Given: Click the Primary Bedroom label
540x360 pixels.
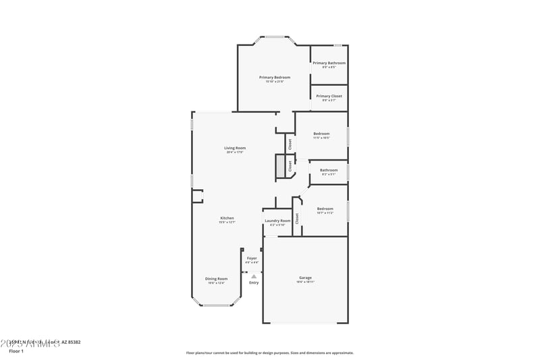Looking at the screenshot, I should coord(275,78).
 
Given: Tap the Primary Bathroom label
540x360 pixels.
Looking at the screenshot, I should coord(329,63).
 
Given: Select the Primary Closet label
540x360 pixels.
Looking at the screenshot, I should coord(329,96).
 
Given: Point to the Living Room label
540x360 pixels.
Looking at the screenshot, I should coord(235,148).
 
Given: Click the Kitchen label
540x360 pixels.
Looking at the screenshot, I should coord(227,218).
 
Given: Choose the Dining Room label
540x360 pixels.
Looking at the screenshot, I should coord(217,278).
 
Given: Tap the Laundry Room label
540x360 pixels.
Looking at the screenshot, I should coord(277,221).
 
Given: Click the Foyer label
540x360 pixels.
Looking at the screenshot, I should coord(252,258).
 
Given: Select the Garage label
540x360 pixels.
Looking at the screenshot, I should coord(305,278).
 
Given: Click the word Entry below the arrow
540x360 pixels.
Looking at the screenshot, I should coord(254,282).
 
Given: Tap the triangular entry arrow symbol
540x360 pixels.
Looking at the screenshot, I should coord(254,276).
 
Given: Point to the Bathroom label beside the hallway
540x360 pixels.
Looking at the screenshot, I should coord(329,170).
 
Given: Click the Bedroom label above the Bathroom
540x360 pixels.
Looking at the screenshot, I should coord(321,134).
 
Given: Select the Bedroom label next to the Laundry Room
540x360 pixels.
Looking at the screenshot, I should coord(325,209).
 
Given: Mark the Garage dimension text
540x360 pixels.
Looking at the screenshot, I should coord(305,282).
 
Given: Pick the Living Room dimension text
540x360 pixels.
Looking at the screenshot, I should coord(235,152).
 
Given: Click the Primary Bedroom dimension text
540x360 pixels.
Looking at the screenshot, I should coord(275,82).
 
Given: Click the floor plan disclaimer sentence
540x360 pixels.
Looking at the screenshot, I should coord(270,353).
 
